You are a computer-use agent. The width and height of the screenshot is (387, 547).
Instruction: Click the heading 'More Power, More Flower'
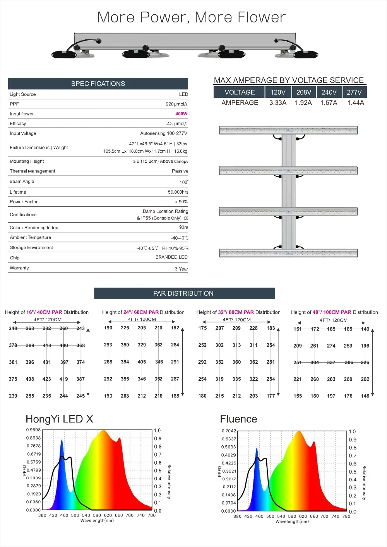coord(192,17)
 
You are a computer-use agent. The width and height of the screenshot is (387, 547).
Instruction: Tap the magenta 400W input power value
coord(181,114)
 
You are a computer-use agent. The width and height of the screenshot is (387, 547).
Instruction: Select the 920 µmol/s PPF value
coord(176,104)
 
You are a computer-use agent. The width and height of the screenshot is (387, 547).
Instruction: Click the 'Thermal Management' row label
coord(33,171)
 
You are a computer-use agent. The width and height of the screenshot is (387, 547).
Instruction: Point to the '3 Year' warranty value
coord(181,269)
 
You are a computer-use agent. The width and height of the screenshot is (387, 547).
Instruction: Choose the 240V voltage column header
coord(329,92)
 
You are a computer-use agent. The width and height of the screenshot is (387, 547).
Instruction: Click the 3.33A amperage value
coord(278,102)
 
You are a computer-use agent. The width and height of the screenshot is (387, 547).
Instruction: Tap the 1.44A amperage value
coord(355,102)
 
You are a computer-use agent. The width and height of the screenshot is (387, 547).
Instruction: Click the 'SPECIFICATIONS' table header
coord(98,83)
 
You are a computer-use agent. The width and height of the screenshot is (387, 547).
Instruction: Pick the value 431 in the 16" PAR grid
coord(47,362)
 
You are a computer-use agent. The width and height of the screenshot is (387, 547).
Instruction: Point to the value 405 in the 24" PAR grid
coord(142,362)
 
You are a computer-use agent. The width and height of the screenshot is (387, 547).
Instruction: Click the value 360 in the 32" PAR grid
coord(236,362)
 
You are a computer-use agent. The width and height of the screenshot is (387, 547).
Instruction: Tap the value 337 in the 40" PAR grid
coord(331,363)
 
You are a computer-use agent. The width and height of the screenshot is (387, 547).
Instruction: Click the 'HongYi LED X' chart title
coord(59,419)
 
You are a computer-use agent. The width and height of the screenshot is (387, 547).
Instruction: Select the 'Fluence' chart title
coord(238,419)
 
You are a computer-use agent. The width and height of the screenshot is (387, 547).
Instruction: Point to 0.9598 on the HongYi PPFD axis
coord(33,430)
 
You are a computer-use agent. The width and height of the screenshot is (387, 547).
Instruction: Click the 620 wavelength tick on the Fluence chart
coord(303,516)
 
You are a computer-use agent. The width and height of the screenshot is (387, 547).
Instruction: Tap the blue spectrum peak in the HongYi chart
coord(62,441)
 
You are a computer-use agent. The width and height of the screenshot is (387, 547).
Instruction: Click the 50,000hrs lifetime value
coord(178,192)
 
